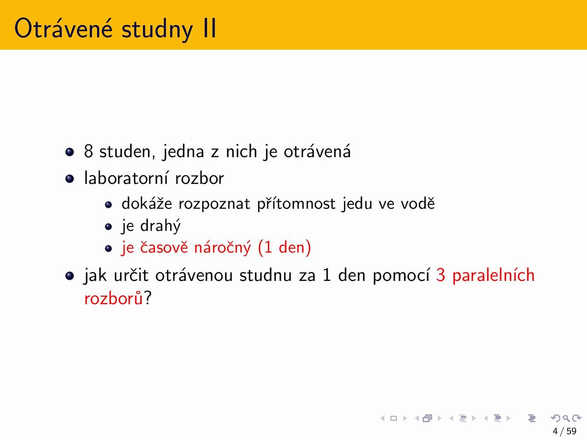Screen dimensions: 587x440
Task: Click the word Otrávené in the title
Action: point(63,28)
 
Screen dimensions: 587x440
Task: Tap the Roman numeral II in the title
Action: point(210,28)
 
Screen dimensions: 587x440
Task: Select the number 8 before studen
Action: point(89,151)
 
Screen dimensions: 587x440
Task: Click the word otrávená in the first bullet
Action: point(317,151)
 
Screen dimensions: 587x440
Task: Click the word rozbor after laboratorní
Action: point(199,178)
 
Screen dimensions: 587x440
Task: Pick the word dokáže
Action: point(147,203)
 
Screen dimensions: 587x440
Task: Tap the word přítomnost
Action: point(296,204)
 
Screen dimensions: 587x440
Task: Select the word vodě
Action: point(417,203)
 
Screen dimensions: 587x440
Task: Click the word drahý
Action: point(161,226)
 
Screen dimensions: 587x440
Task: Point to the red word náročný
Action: point(222,247)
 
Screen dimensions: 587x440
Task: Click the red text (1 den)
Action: point(284,247)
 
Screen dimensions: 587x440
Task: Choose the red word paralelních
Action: point(493,275)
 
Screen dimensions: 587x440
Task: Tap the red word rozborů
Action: point(114,297)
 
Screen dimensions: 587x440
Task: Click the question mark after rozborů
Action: point(148,297)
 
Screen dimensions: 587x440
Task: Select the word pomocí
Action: point(401,275)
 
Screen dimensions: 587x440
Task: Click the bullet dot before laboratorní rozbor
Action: point(70,179)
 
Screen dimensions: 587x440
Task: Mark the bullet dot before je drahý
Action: point(108,227)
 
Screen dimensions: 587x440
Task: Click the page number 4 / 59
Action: point(565,431)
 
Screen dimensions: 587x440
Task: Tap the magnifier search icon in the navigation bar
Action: point(566,418)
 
